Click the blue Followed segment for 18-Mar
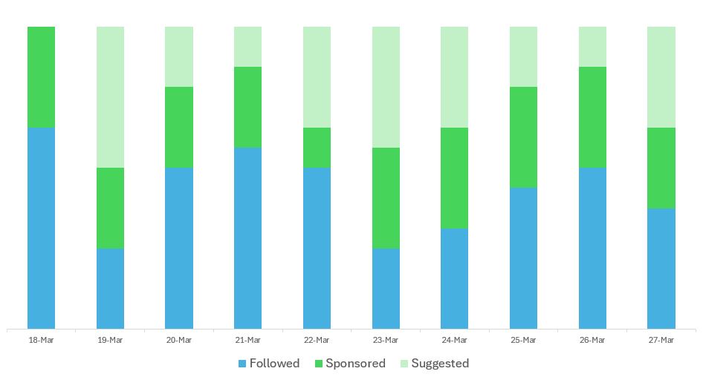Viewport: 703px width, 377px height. point(41,228)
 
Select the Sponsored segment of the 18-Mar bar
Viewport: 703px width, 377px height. point(41,77)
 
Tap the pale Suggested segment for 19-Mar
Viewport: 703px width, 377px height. point(110,97)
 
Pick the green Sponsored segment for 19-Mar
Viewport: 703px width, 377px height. point(110,208)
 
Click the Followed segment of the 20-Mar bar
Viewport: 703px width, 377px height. point(179,248)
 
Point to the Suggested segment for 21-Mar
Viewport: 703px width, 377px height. point(247,47)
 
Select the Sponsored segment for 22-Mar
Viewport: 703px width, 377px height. point(317,148)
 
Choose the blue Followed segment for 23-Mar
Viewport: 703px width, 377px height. point(386,288)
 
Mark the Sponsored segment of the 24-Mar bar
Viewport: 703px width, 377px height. point(454,178)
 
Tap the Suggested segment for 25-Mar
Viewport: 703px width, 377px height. point(523,57)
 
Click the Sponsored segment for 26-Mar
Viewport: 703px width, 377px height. point(592,117)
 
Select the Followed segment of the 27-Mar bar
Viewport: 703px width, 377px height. point(661,268)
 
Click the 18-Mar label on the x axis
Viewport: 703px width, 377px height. point(41,341)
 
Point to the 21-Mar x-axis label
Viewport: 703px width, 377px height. point(247,341)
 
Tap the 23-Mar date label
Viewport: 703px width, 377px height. point(386,341)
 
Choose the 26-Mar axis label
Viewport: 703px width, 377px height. point(592,341)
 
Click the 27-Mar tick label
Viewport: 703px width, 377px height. point(661,341)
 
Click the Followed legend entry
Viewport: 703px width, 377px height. point(268,364)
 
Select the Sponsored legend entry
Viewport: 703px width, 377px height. point(350,364)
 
